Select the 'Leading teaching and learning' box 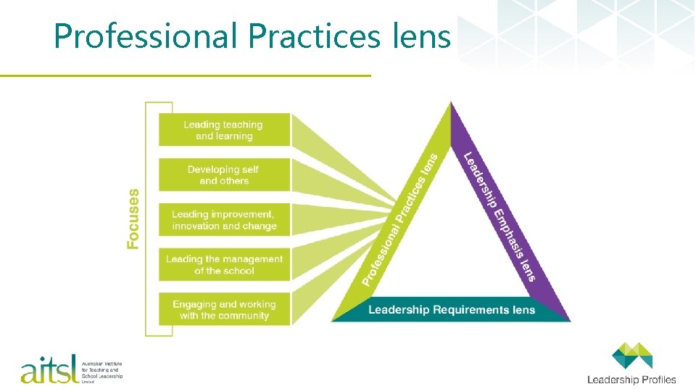224,130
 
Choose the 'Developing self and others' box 224,175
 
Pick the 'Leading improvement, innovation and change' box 224,220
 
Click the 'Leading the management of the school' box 224,265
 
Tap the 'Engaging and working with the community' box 224,310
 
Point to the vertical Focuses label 133,219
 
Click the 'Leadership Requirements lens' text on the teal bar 451,310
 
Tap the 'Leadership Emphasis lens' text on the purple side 501,216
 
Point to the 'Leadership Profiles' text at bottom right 631,380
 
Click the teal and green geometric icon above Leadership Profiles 631,356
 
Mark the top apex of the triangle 451,104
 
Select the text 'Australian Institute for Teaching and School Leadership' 101,371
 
